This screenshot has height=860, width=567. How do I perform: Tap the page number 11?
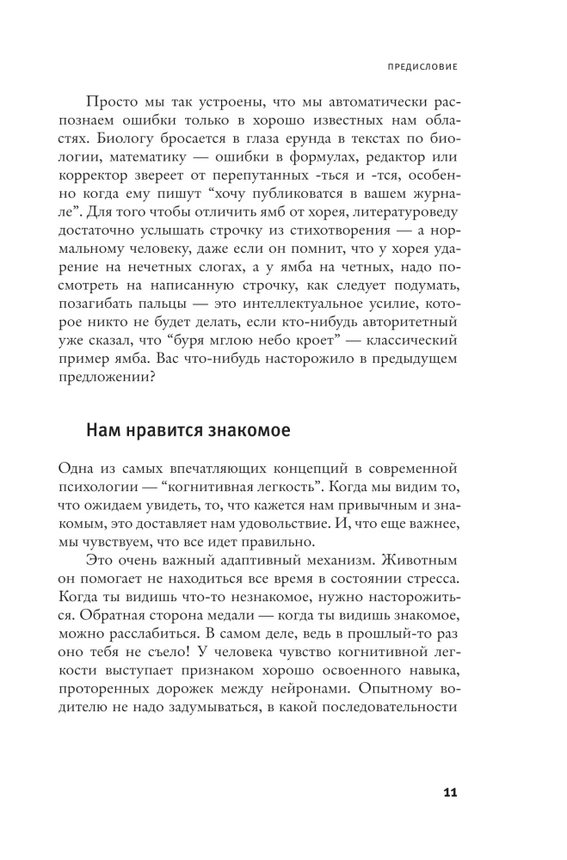pyautogui.click(x=448, y=792)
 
